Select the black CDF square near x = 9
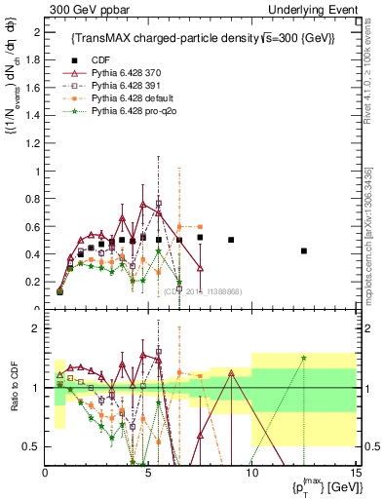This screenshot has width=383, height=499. pos(231,240)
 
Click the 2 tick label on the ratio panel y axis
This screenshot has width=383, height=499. pos(37,328)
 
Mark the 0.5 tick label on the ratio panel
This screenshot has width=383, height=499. pos(33,446)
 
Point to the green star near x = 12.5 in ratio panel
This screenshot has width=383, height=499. pos(304,358)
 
